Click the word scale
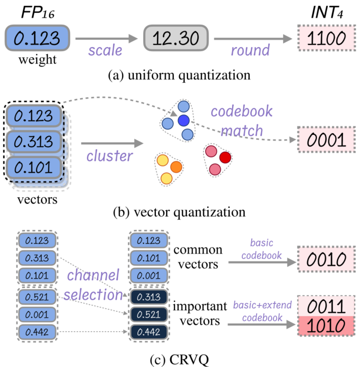tap(105, 50)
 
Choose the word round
tap(250, 50)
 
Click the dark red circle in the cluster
tap(225, 157)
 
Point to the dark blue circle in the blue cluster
tap(183, 120)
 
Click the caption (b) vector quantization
tap(179, 213)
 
